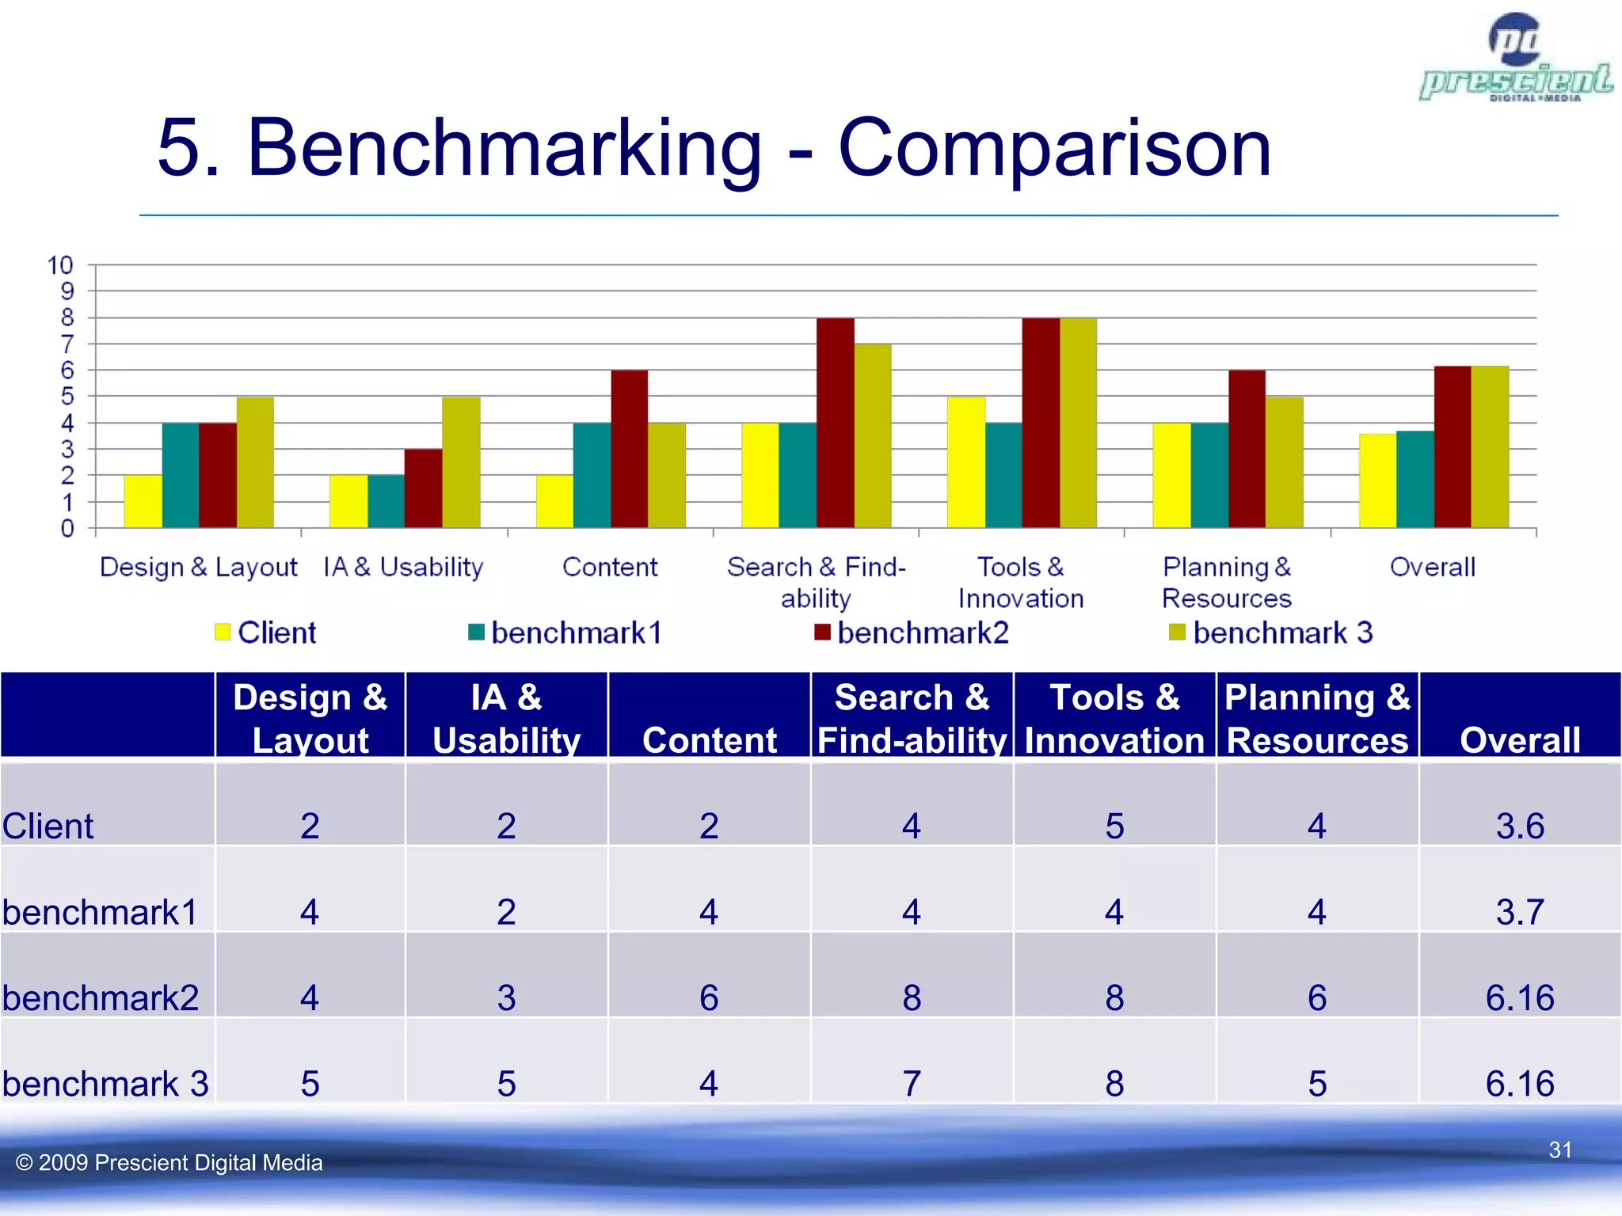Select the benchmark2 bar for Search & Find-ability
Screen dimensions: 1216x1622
[x=835, y=424]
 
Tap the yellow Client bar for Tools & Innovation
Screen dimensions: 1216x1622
[x=965, y=463]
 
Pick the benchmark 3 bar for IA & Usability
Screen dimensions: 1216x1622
[x=461, y=463]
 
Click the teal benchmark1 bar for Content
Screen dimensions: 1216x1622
[x=592, y=476]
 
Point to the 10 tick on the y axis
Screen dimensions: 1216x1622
[x=60, y=265]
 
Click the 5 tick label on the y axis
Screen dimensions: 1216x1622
[x=67, y=397]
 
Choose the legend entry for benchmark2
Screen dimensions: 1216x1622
[x=911, y=633]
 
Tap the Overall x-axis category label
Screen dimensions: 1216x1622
[x=1432, y=567]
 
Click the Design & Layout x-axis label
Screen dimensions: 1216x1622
[x=198, y=567]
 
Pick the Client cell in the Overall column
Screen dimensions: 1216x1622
[x=1519, y=826]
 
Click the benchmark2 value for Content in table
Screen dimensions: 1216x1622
[x=709, y=997]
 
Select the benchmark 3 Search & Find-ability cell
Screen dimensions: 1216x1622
[x=911, y=1083]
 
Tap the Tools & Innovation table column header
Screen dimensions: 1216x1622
[x=1114, y=718]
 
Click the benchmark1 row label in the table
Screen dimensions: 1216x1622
[x=100, y=912]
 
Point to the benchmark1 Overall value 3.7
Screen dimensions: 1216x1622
[x=1519, y=912]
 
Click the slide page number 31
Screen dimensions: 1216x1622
[x=1559, y=1149]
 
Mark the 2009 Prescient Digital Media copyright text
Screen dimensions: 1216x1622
[x=169, y=1162]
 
